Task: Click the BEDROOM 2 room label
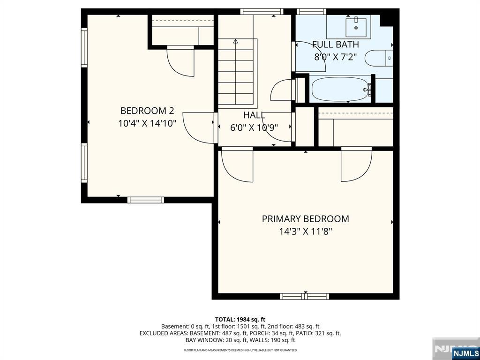tap(147, 111)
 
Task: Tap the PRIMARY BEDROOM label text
tap(306, 219)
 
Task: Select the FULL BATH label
tap(336, 45)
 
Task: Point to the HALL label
tap(254, 115)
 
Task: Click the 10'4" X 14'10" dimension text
tap(147, 124)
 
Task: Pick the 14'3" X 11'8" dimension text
tap(306, 232)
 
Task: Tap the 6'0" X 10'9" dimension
tap(254, 127)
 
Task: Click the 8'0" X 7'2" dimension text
tap(336, 57)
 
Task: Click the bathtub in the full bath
tap(340, 89)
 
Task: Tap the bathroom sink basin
tap(356, 28)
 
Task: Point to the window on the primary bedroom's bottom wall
tap(305, 296)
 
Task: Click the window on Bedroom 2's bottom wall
tap(146, 200)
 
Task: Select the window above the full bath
tap(311, 12)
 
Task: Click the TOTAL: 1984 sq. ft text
tap(240, 320)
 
